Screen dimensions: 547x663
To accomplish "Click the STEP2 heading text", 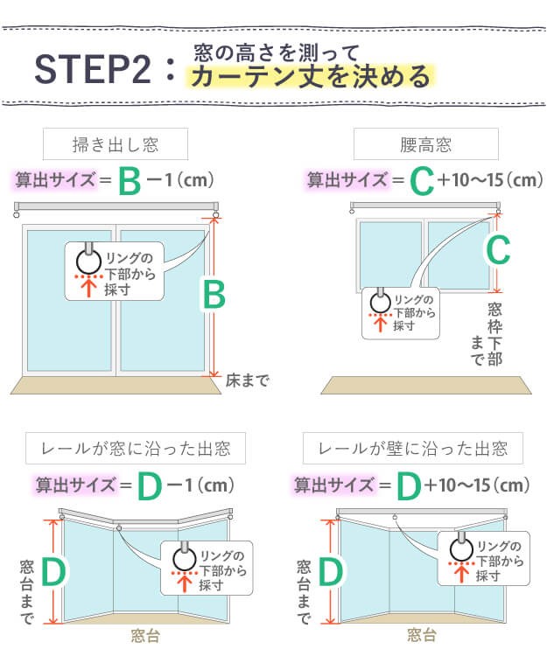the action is pos(93,69).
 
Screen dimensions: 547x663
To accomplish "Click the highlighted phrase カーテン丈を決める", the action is pos(310,76).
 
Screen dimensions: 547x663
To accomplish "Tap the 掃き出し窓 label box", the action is pos(115,144).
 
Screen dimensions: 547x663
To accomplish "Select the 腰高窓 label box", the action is pos(425,144).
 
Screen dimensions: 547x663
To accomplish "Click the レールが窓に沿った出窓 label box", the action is pos(136,448).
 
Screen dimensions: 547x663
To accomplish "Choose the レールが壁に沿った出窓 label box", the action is pos(413,448).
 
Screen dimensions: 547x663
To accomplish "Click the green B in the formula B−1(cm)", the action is pos(129,181).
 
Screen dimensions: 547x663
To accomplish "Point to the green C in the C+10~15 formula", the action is pos(422,181).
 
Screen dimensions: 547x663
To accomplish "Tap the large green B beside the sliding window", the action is pos(214,295).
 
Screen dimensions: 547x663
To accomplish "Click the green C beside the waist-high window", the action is pos(498,250).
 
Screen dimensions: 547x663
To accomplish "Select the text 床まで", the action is pos(247,380).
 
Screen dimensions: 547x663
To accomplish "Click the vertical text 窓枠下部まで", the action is pos(487,334).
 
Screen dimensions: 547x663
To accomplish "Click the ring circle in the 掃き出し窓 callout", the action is pos(89,262).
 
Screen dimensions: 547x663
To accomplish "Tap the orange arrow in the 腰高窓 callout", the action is pos(381,324).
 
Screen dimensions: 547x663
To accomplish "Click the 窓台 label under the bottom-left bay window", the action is pos(145,636).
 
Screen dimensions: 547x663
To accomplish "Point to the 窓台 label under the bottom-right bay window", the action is pos(421,635).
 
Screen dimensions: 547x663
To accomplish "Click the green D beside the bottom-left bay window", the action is pos(53,572).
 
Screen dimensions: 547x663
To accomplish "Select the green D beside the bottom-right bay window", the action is pos(331,572).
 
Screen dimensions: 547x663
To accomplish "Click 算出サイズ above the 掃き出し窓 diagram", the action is pos(55,179).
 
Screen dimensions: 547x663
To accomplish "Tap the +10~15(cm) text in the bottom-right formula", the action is pos(477,485).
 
